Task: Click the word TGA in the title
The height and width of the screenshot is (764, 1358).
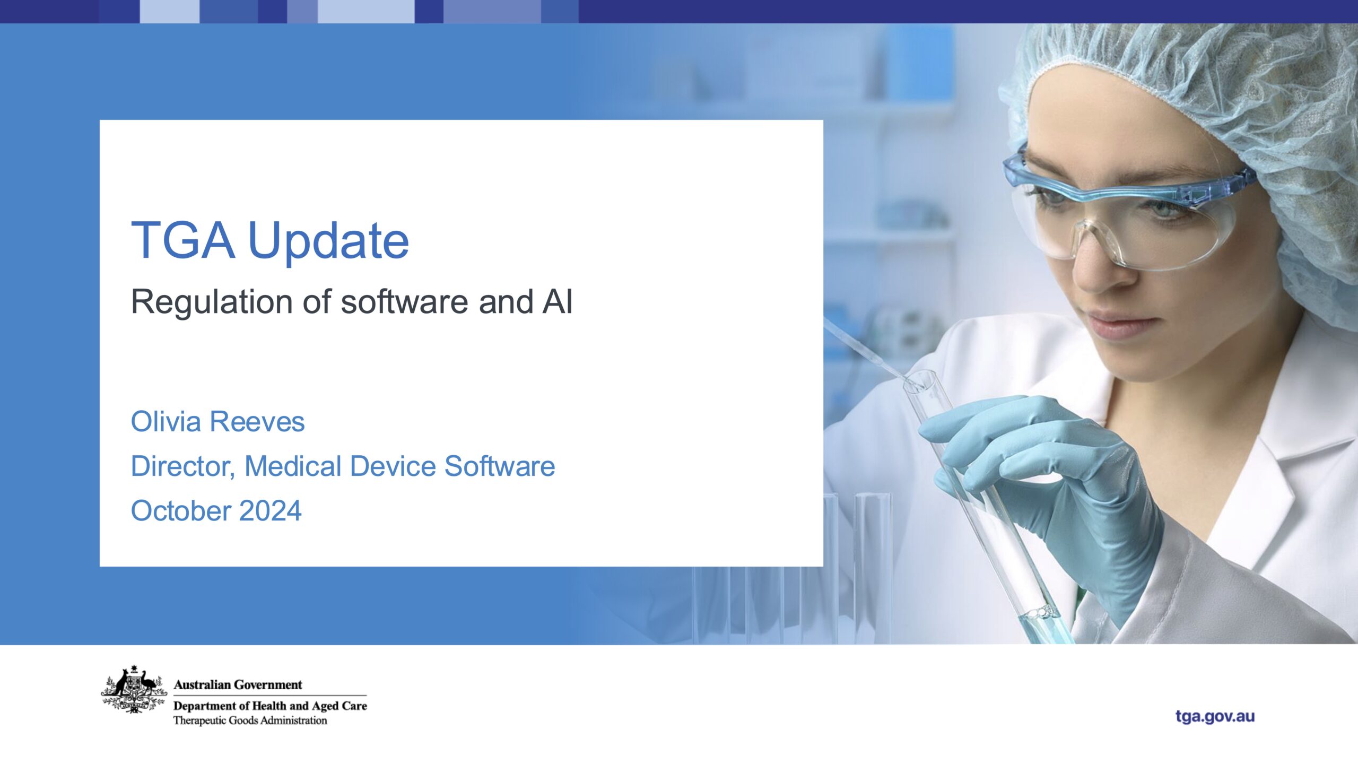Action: coord(183,240)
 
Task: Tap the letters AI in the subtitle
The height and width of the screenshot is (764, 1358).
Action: coord(557,301)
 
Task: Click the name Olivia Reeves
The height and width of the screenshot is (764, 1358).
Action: coord(217,422)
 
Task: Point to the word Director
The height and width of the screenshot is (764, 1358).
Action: coord(182,466)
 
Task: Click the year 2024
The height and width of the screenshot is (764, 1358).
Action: coord(270,511)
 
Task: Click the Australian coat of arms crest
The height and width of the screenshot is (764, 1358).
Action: coord(134,689)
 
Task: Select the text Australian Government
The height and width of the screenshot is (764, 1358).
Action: coord(238,685)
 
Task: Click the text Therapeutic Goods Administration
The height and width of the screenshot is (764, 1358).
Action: coord(250,720)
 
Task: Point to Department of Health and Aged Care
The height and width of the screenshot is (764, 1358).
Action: coord(270,706)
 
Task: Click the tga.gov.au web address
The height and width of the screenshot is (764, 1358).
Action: coord(1215,716)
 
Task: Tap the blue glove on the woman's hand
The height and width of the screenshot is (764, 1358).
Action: coord(1056,477)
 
